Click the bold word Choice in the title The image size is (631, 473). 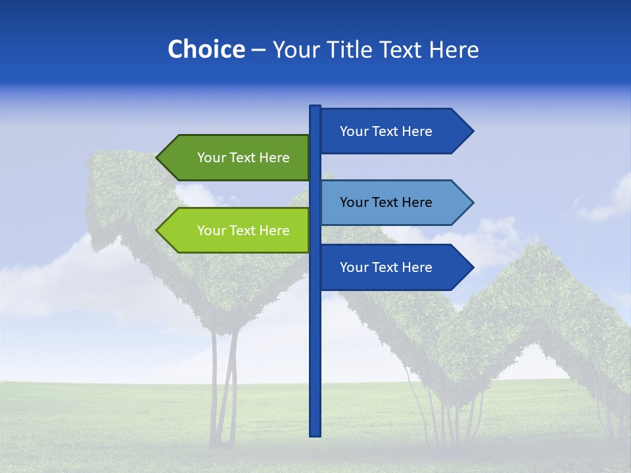pyautogui.click(x=206, y=49)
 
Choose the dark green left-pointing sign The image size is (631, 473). pyautogui.click(x=234, y=158)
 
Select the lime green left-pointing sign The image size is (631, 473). pyautogui.click(x=234, y=231)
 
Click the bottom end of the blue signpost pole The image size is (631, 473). pyautogui.click(x=315, y=434)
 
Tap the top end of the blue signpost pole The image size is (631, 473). pyautogui.click(x=315, y=108)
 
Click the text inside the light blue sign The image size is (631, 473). pyautogui.click(x=386, y=202)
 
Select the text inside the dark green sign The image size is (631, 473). pyautogui.click(x=243, y=158)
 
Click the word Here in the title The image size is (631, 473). pyautogui.click(x=454, y=50)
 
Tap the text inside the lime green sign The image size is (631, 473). pyautogui.click(x=243, y=231)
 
